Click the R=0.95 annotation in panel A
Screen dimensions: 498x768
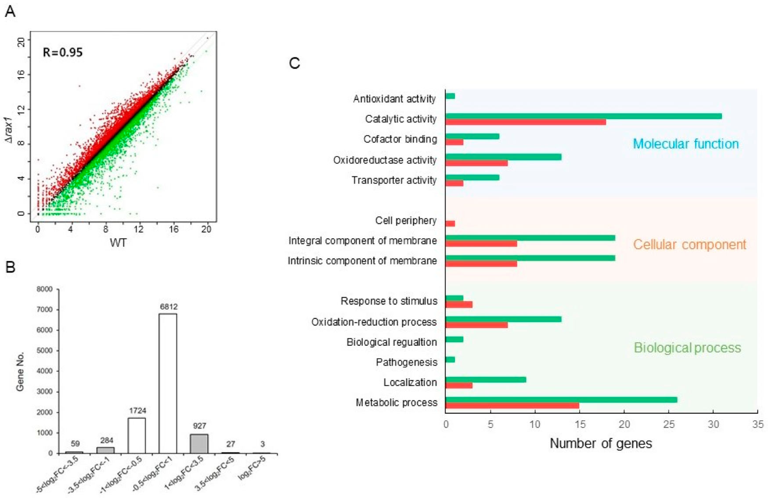pyautogui.click(x=62, y=52)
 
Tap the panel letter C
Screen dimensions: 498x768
pyautogui.click(x=294, y=63)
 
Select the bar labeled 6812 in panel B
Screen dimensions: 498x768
pyautogui.click(x=168, y=383)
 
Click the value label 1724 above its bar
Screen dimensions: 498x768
pyautogui.click(x=137, y=411)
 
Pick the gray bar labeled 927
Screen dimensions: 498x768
pyautogui.click(x=199, y=443)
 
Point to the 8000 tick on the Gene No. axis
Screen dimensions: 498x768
pyautogui.click(x=44, y=289)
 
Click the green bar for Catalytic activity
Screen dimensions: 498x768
pyautogui.click(x=583, y=116)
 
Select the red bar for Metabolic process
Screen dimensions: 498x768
pyautogui.click(x=512, y=406)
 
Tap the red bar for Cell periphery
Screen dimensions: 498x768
pyautogui.click(x=450, y=224)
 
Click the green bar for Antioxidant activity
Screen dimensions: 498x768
pyautogui.click(x=450, y=96)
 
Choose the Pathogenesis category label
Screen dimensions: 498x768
pyautogui.click(x=406, y=362)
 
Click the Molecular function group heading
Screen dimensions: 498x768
pyautogui.click(x=685, y=144)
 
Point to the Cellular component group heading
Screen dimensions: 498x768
pyautogui.click(x=689, y=244)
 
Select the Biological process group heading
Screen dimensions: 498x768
pyautogui.click(x=687, y=348)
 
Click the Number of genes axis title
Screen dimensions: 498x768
pyautogui.click(x=600, y=443)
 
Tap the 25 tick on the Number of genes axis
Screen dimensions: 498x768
pyautogui.click(x=669, y=424)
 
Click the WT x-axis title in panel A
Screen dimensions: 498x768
pyautogui.click(x=118, y=243)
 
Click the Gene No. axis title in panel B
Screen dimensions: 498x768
pyautogui.click(x=20, y=371)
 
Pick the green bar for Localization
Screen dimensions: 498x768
pyautogui.click(x=486, y=380)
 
